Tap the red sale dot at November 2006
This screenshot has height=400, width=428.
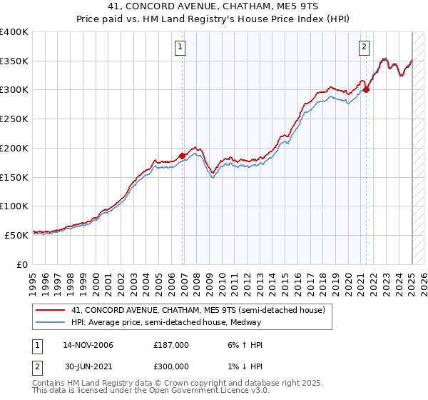click(x=183, y=156)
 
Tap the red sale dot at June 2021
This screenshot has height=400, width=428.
click(x=366, y=90)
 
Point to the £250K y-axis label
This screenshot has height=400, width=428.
click(x=14, y=119)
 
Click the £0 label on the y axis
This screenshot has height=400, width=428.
click(x=22, y=264)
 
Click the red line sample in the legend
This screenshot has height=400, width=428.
click(x=51, y=310)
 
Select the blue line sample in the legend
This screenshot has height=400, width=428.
click(x=51, y=322)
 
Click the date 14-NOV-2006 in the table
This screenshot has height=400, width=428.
click(x=88, y=344)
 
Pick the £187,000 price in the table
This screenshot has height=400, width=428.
click(x=171, y=344)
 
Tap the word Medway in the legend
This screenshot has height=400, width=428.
click(x=246, y=322)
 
